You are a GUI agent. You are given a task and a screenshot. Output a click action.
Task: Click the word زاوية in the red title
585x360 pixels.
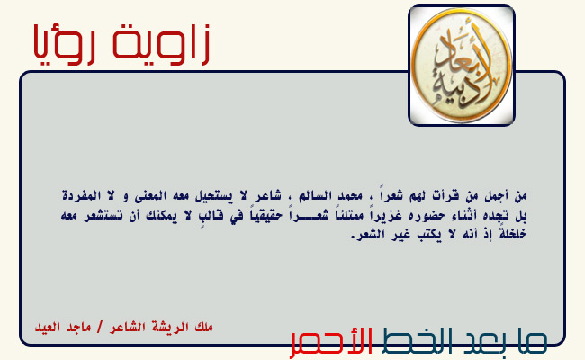(160, 43)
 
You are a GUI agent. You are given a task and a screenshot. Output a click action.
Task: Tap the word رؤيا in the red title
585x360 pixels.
(64, 44)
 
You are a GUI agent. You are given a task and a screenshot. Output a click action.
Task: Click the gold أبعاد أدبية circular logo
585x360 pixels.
(462, 66)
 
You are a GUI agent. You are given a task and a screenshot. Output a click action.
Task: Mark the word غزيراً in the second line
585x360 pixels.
(388, 216)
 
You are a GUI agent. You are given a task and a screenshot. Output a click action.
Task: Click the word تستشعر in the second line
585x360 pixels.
(103, 216)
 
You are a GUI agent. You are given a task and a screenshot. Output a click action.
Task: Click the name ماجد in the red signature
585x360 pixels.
(78, 328)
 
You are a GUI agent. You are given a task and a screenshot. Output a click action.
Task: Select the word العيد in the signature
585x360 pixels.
(48, 328)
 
